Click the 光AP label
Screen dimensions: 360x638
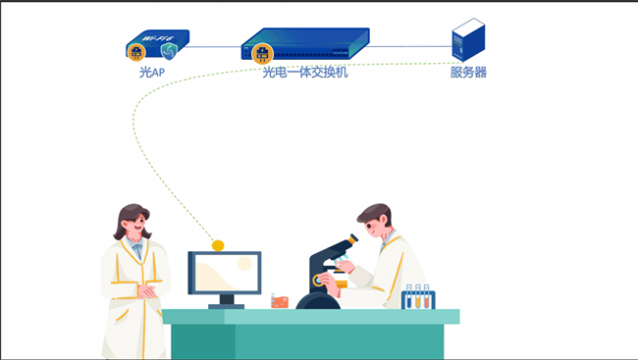click(151, 73)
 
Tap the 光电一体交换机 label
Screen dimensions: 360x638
click(304, 73)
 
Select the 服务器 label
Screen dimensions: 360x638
click(468, 73)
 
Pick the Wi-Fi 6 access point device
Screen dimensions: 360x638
click(157, 44)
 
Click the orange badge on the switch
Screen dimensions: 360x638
click(261, 52)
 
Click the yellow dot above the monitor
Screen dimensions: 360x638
click(218, 245)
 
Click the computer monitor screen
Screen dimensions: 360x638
click(225, 273)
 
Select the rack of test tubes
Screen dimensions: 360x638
click(417, 298)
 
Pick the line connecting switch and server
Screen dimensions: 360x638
click(410, 45)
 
